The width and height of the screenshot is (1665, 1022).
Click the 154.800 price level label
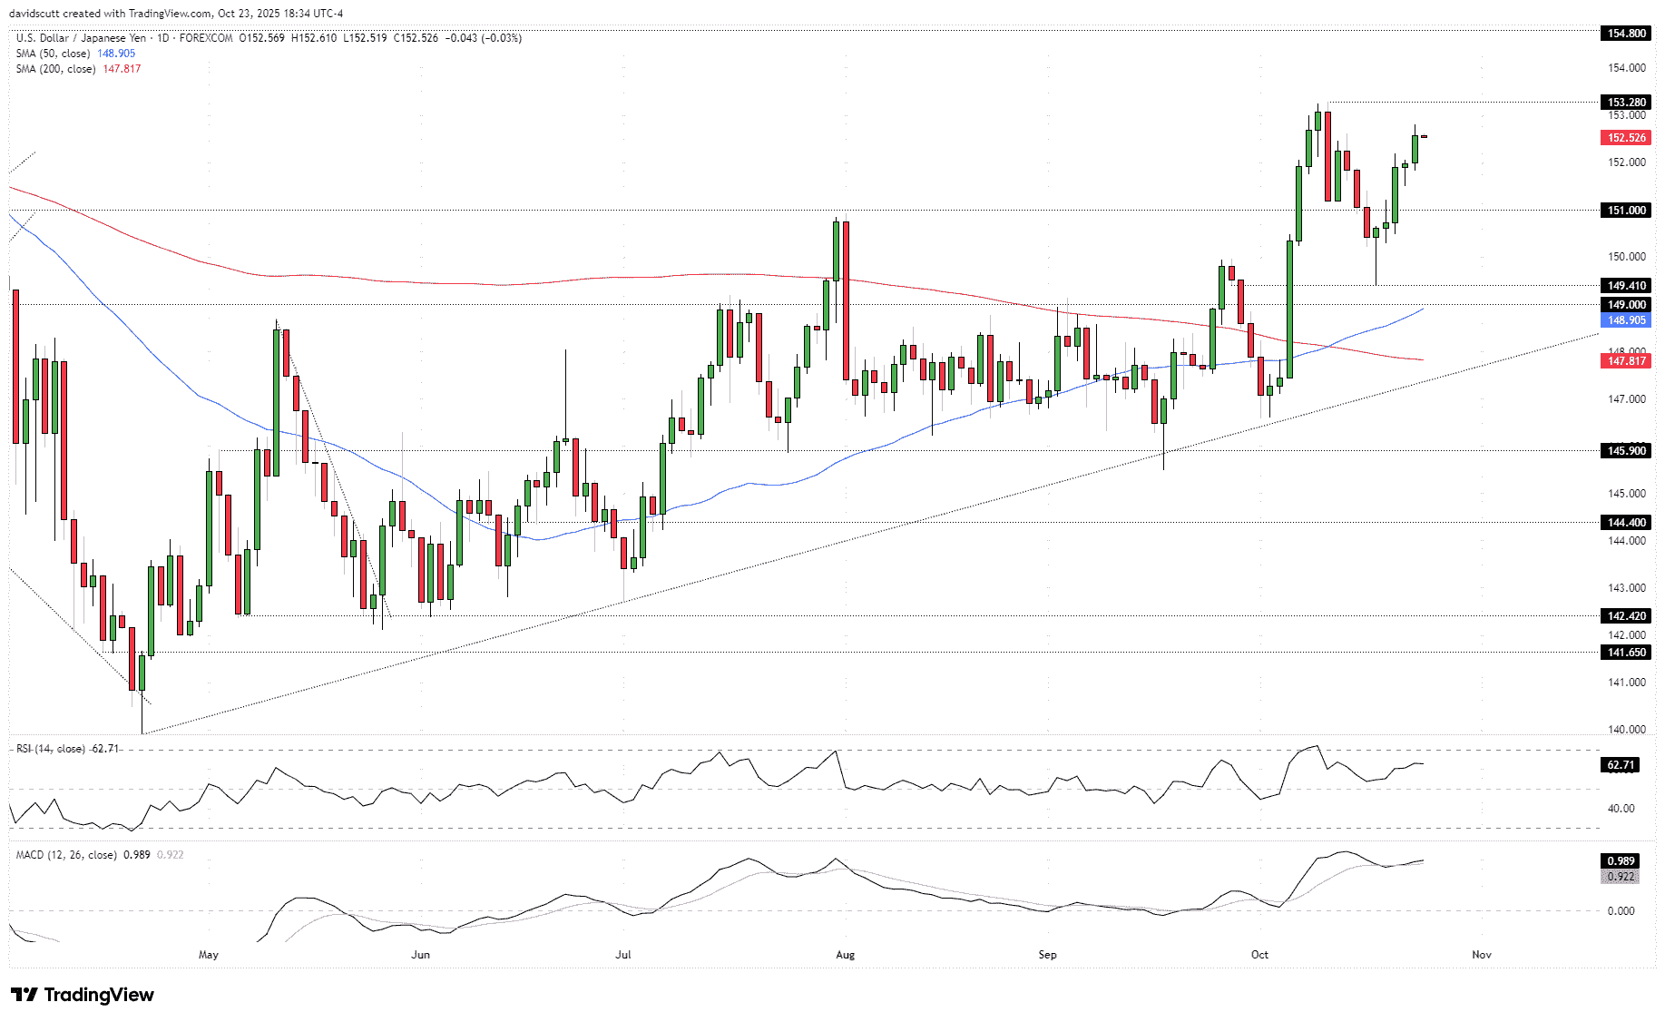1626,34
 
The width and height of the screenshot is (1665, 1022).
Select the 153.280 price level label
1626,103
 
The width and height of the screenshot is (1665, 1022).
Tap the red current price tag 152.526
1626,138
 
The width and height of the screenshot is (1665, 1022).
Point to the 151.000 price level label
1626,211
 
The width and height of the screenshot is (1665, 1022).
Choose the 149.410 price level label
1626,286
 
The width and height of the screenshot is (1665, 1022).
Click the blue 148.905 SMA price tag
1626,320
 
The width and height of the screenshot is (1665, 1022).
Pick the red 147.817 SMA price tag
1626,361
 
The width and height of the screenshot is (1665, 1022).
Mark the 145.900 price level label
1626,451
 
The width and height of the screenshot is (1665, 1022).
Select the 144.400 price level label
1626,523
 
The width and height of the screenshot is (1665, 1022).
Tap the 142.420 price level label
1626,616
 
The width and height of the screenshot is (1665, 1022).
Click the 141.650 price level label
1626,653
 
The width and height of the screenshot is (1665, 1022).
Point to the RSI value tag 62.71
1621,765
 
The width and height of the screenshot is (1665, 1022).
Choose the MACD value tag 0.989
1621,861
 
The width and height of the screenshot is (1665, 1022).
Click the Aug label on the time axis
845,955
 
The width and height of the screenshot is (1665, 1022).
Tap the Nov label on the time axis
1481,955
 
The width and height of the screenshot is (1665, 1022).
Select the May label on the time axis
209,955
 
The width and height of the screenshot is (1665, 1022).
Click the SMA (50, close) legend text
54,54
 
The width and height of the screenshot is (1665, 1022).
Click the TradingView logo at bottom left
83,995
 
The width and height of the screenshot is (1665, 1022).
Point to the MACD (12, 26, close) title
66,855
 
